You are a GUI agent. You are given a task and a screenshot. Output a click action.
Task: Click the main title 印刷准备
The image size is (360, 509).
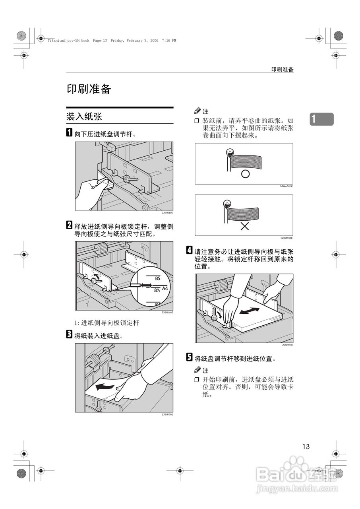(x=89, y=89)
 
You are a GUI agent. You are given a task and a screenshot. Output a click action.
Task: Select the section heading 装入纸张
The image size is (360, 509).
(x=84, y=116)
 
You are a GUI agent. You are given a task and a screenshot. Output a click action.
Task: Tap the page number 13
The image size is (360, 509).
(x=306, y=446)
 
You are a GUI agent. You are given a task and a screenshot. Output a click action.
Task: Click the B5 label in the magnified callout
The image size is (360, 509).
(x=157, y=279)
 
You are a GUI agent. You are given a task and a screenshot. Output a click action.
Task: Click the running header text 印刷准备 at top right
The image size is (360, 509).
(x=282, y=69)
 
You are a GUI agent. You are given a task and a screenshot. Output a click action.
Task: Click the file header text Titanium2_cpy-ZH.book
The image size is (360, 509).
(x=68, y=41)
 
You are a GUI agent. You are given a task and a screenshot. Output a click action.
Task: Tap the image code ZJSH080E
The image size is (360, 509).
(x=168, y=213)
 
